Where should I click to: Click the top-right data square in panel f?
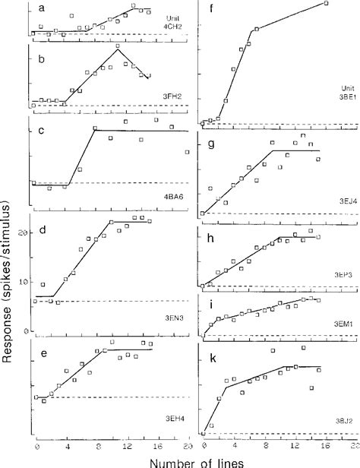(326, 4)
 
